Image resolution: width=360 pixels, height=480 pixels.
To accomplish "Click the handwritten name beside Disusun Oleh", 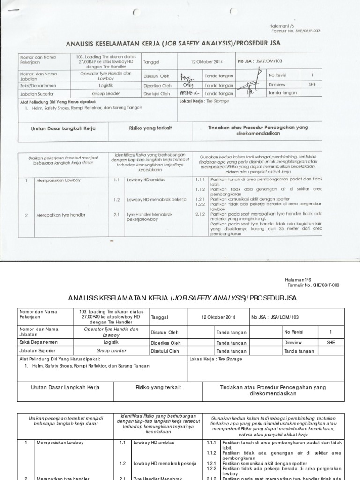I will click(187, 76).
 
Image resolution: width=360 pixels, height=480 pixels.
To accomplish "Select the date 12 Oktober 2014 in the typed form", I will click(216, 317).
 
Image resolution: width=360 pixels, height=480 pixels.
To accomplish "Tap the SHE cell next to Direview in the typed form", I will click(331, 342).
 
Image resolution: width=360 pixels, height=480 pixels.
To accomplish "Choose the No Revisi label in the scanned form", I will click(277, 75).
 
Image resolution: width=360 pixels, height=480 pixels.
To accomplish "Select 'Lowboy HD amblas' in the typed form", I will click(153, 442).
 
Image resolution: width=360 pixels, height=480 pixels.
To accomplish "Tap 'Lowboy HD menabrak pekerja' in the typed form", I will click(164, 463).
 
